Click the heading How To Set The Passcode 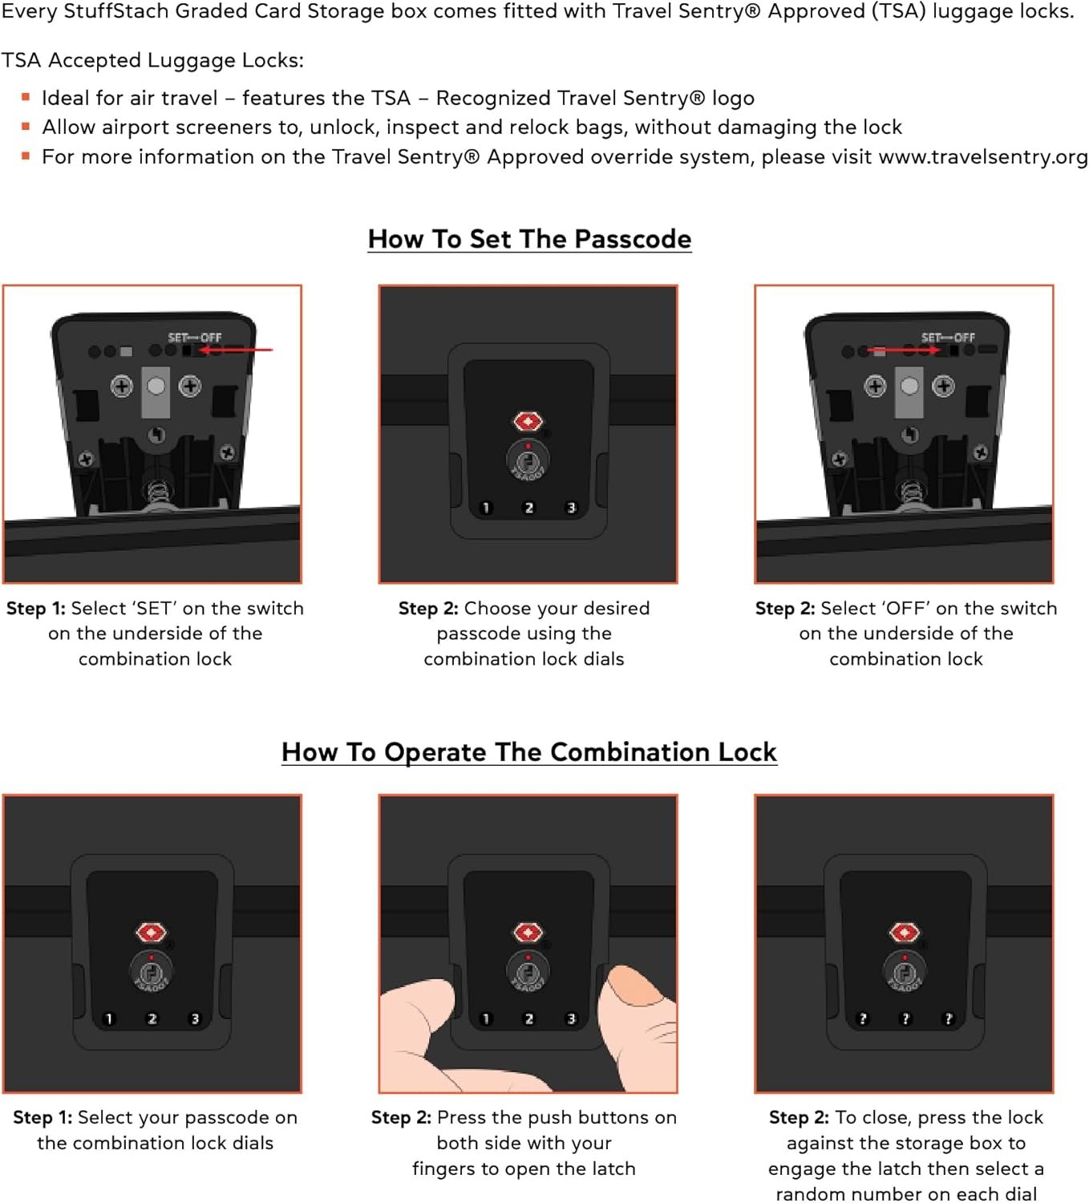pyautogui.click(x=529, y=239)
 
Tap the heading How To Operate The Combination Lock pyautogui.click(x=529, y=752)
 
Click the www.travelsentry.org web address pyautogui.click(x=983, y=157)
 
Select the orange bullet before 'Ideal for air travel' pyautogui.click(x=26, y=97)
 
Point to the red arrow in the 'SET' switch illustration pyautogui.click(x=236, y=350)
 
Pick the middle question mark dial pyautogui.click(x=905, y=1019)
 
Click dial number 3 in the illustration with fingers pyautogui.click(x=572, y=1019)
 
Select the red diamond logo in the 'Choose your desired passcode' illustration pyautogui.click(x=528, y=422)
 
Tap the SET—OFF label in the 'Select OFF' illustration pyautogui.click(x=948, y=338)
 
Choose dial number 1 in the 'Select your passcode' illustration pyautogui.click(x=109, y=1019)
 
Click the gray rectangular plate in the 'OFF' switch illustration pyautogui.click(x=909, y=393)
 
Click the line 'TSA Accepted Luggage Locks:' pyautogui.click(x=152, y=60)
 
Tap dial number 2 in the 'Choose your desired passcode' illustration pyautogui.click(x=529, y=508)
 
